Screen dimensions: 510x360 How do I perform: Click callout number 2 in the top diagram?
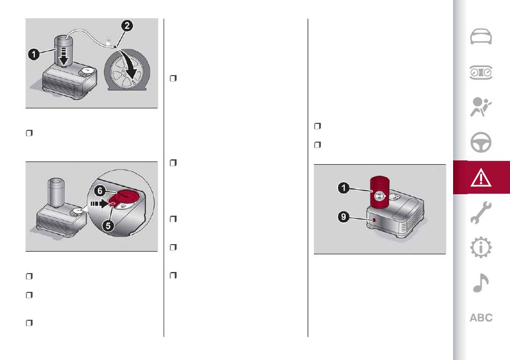click(127, 26)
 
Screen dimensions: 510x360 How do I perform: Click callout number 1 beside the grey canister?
click(34, 54)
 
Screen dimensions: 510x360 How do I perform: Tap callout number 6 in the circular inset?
click(100, 190)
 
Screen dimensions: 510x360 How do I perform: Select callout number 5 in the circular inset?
click(108, 225)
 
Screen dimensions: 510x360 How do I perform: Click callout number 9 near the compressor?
click(344, 216)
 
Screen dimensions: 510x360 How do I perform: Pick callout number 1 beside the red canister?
click(344, 188)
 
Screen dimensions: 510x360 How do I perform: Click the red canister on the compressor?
click(380, 192)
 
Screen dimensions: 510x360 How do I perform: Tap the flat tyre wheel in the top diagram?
click(127, 70)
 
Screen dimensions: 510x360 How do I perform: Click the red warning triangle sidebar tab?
click(482, 178)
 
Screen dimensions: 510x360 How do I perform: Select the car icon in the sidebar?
click(481, 36)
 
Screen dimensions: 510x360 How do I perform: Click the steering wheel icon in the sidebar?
click(481, 142)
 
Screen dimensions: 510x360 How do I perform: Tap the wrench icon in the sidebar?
click(481, 212)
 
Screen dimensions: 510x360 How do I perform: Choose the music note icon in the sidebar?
click(480, 283)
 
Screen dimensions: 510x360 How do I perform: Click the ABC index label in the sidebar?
click(481, 318)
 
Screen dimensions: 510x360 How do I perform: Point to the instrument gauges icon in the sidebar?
click(481, 72)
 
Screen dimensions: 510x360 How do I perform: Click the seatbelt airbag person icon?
click(480, 107)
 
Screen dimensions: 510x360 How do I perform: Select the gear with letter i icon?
click(481, 247)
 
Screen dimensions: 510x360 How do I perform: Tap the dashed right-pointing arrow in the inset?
click(99, 204)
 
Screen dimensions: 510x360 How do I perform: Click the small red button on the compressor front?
click(374, 220)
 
